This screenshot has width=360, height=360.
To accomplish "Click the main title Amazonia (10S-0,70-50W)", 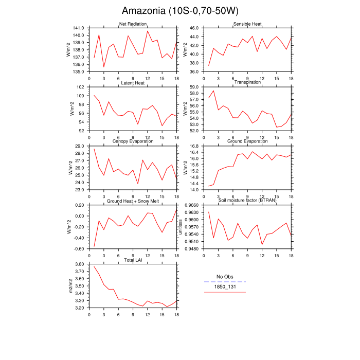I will pyautogui.click(x=180, y=11).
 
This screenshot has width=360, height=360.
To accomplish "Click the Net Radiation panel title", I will pyautogui.click(x=133, y=24).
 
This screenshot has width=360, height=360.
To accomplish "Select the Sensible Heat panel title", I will pyautogui.click(x=247, y=24).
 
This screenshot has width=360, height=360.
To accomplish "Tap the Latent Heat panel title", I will pyautogui.click(x=133, y=83).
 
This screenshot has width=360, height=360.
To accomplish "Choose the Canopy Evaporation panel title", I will pyautogui.click(x=133, y=141).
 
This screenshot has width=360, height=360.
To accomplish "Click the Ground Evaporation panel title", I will pyautogui.click(x=247, y=141).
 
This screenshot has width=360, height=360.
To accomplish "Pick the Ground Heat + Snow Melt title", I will pyautogui.click(x=133, y=201).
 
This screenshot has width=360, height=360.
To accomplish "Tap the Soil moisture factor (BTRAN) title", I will pyautogui.click(x=247, y=201).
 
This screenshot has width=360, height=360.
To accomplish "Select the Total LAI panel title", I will pyautogui.click(x=133, y=260).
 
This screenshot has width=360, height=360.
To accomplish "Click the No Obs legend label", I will pyautogui.click(x=225, y=277).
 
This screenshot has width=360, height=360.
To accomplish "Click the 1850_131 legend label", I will pyautogui.click(x=225, y=287).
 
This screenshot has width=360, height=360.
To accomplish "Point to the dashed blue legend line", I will pyautogui.click(x=225, y=282).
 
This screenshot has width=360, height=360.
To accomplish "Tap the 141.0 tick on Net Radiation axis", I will pyautogui.click(x=79, y=28).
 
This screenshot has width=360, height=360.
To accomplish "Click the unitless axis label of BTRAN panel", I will pyautogui.click(x=180, y=226).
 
